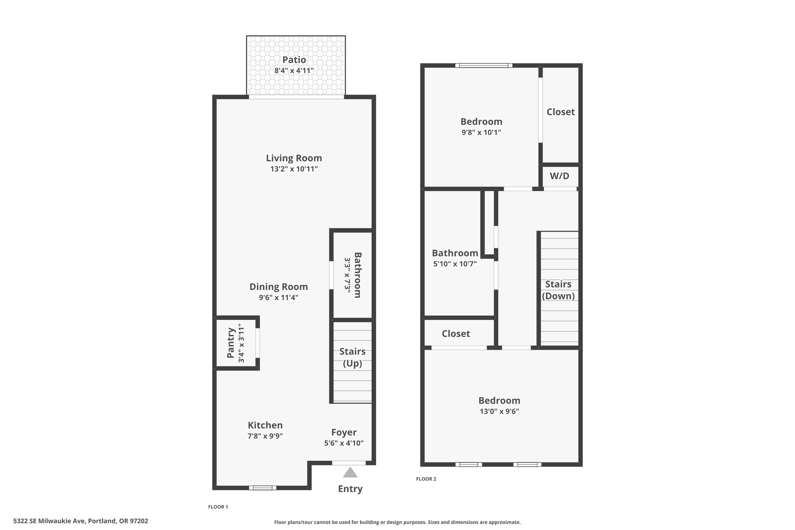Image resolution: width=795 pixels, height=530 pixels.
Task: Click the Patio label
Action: click(x=294, y=60)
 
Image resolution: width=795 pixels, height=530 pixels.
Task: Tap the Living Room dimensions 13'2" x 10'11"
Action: click(x=294, y=169)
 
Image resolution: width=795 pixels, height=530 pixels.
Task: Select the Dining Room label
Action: click(x=279, y=287)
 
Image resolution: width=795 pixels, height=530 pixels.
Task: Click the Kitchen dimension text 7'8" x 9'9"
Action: click(x=265, y=436)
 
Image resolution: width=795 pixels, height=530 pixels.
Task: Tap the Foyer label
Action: click(x=344, y=432)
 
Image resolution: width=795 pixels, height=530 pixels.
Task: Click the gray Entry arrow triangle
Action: click(x=350, y=472)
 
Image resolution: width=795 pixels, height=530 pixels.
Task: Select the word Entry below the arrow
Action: click(x=350, y=489)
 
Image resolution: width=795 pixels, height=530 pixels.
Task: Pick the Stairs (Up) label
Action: click(x=352, y=357)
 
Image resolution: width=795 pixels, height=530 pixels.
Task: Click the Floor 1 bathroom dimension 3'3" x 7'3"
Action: click(x=347, y=275)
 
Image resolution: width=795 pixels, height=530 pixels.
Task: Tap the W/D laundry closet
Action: click(x=560, y=176)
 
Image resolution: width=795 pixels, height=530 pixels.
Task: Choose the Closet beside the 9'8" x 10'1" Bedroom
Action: click(x=561, y=115)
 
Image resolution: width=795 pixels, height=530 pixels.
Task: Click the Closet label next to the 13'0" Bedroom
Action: click(x=456, y=334)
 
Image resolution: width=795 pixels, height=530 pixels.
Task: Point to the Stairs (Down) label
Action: click(x=558, y=290)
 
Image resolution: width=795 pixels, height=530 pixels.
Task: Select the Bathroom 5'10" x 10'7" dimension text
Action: click(x=455, y=264)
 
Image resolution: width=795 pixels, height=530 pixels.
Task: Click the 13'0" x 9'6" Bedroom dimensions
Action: click(x=499, y=411)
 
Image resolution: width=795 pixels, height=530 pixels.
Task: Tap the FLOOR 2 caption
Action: click(x=426, y=479)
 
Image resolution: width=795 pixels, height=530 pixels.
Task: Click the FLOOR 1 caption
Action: click(x=218, y=507)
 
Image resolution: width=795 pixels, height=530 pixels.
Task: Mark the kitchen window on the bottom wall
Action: click(x=263, y=488)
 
